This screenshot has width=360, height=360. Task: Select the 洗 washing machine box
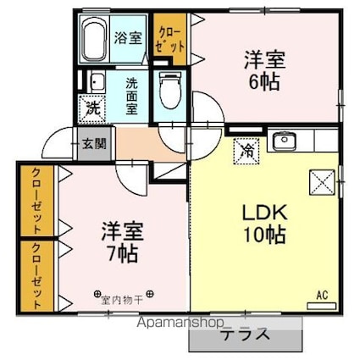click(91, 108)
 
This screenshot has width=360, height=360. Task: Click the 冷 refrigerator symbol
click(245, 152)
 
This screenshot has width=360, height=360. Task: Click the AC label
click(322, 294)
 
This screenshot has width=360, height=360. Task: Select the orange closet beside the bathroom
click(170, 38)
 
